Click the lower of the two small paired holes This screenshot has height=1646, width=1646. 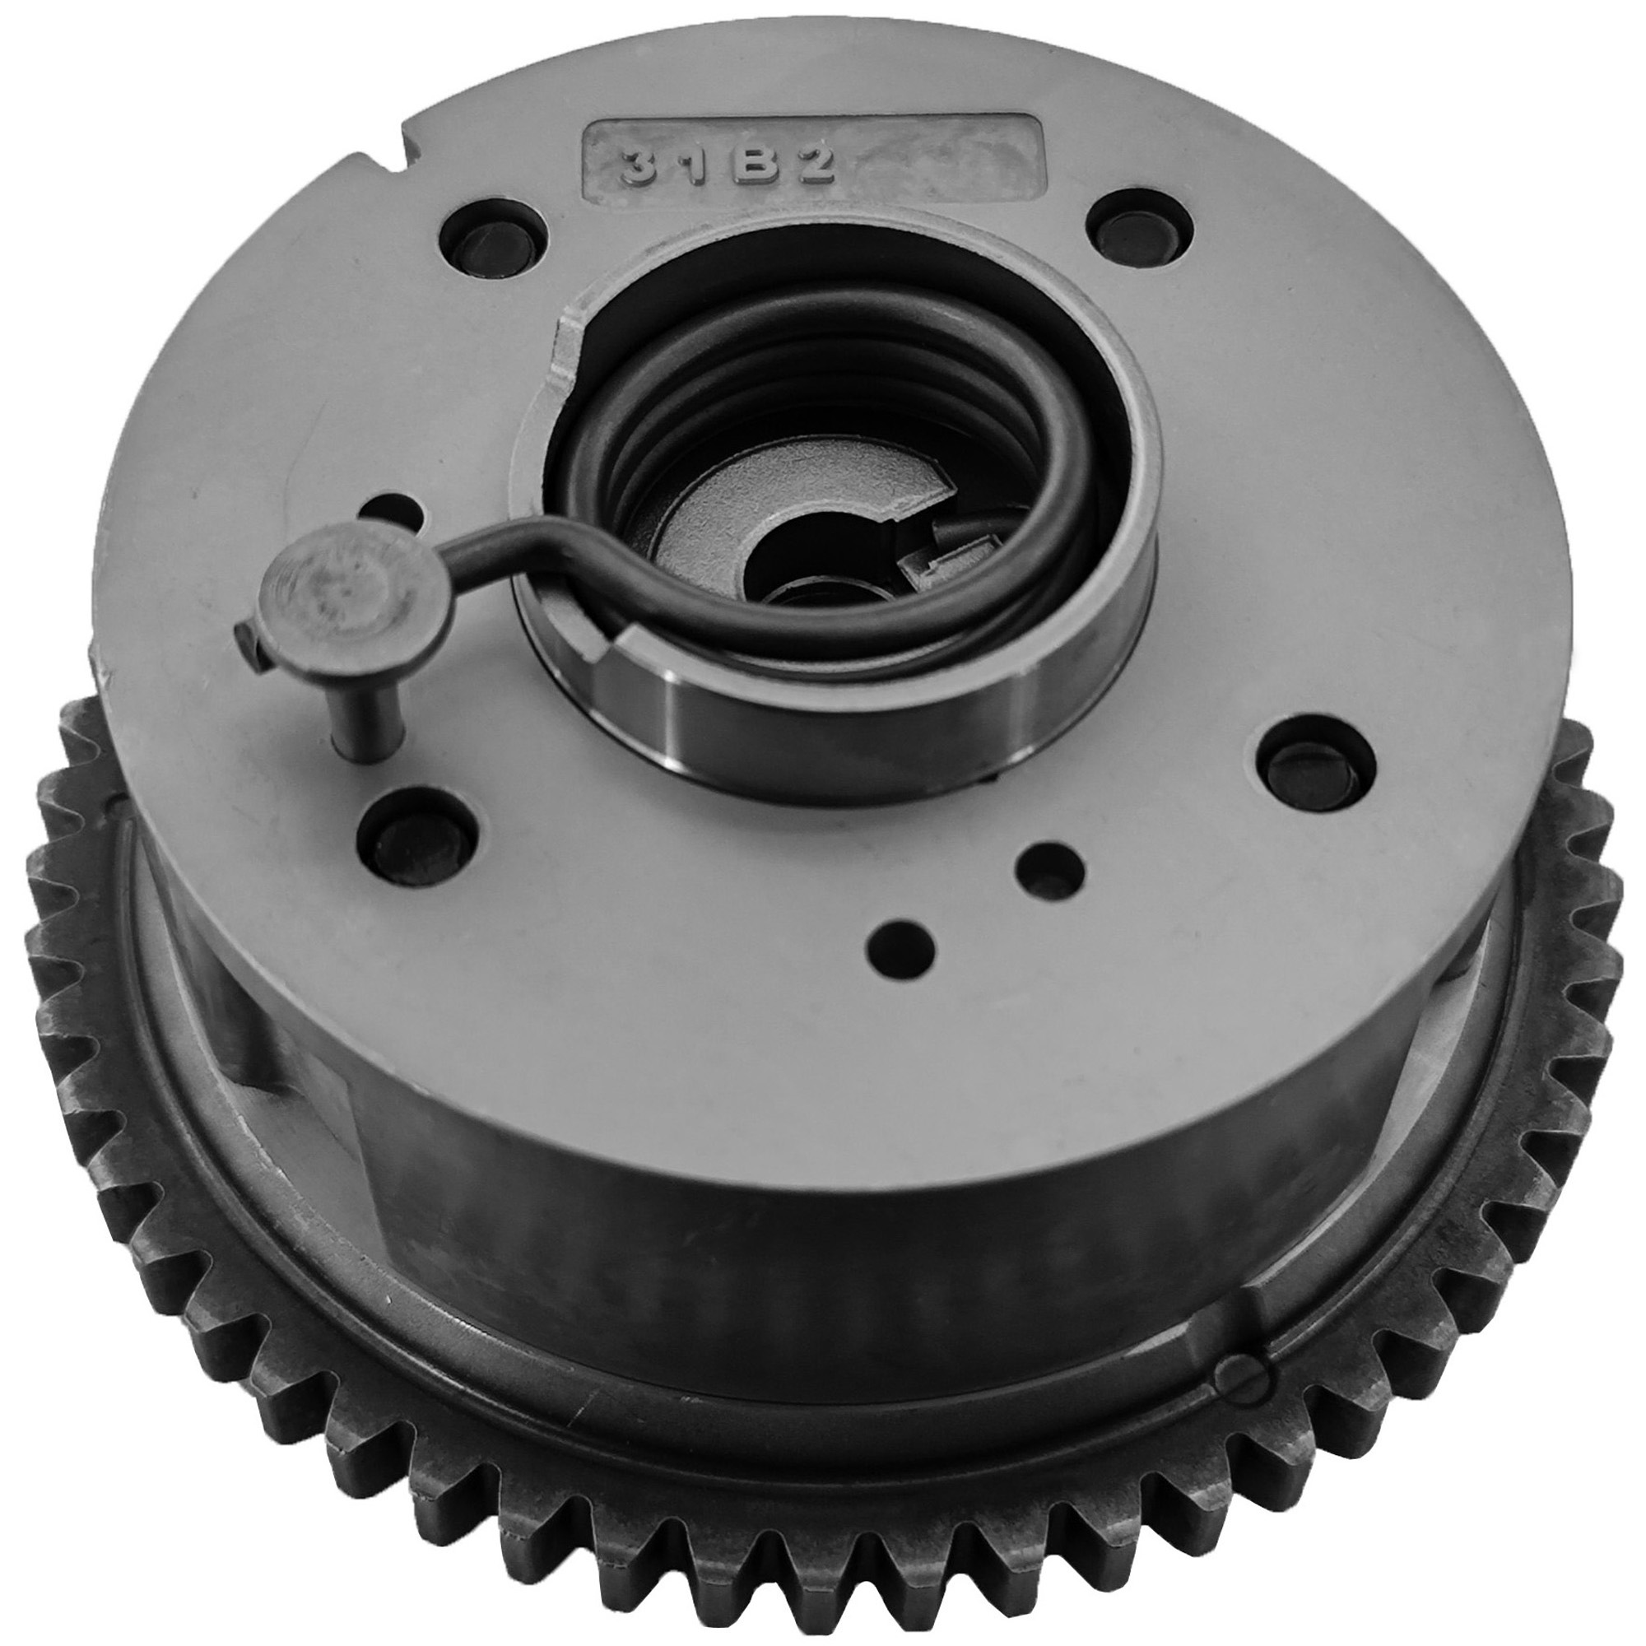point(900,938)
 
